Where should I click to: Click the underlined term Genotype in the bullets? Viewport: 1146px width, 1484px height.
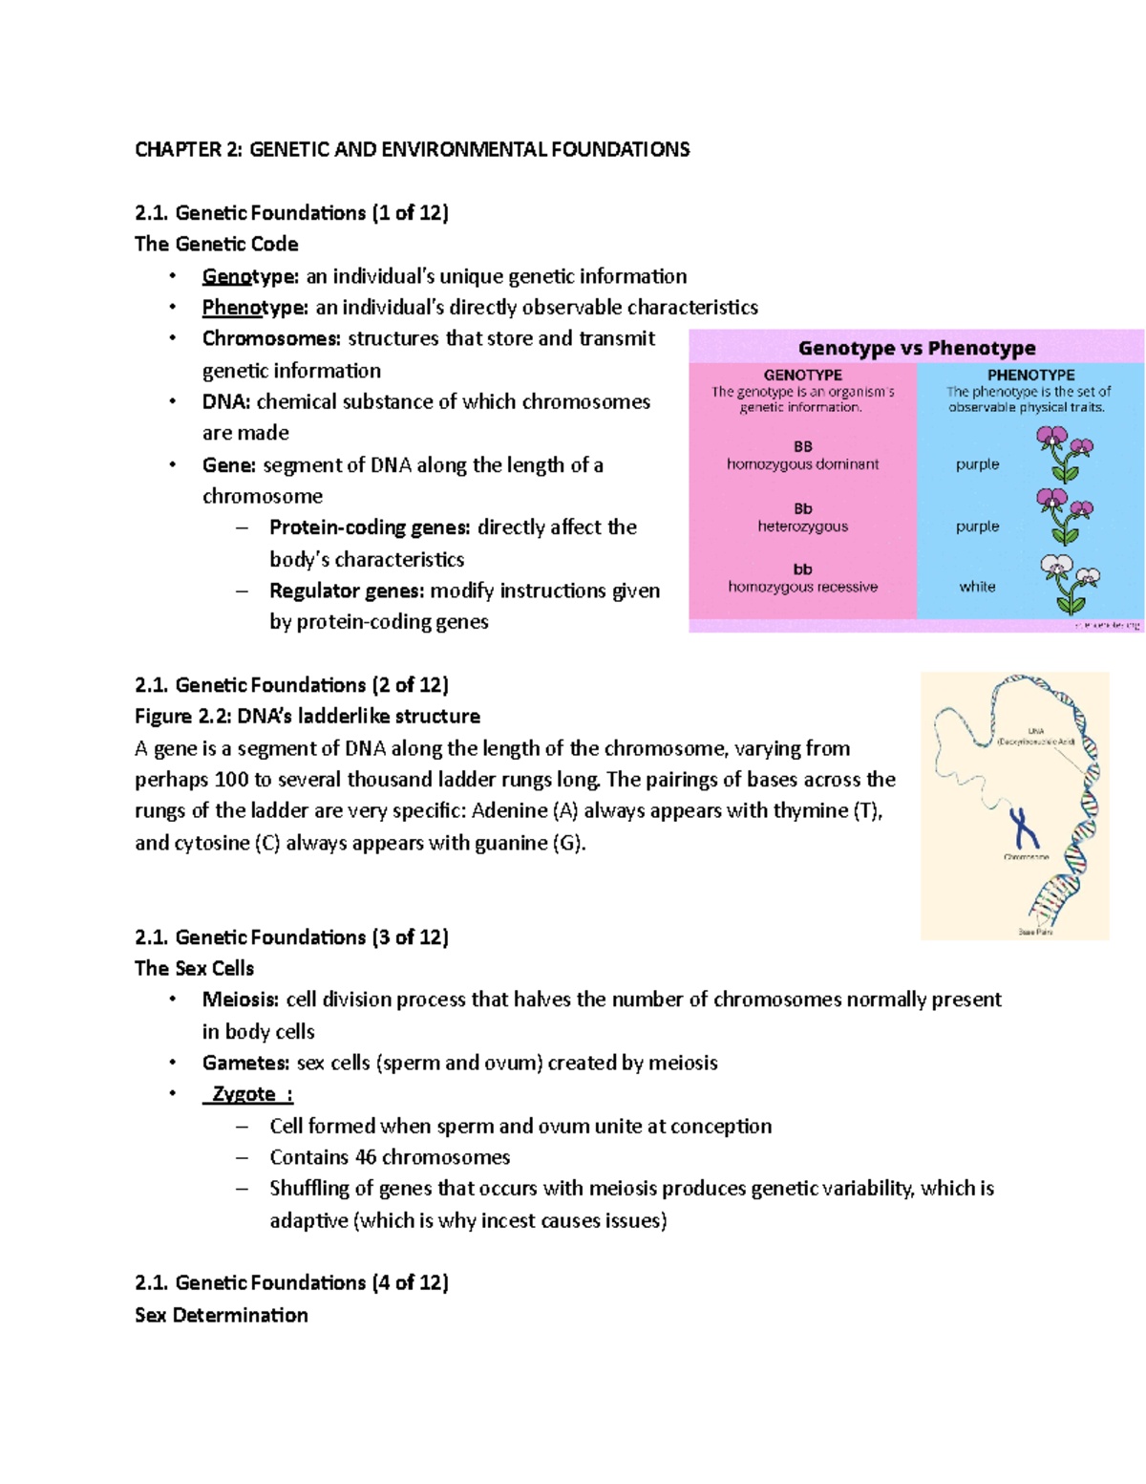[x=249, y=276]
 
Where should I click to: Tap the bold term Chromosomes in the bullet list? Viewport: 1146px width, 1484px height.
[x=271, y=338]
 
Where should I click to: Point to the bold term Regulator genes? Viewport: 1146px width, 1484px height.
[x=346, y=591]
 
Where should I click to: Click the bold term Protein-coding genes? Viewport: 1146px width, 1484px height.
[x=370, y=527]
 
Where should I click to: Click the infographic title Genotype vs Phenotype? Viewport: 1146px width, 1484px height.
[x=916, y=348]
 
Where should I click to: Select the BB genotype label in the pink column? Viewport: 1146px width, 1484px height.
[x=802, y=446]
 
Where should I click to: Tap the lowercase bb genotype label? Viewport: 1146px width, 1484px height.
[x=802, y=570]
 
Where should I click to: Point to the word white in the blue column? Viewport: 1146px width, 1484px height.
[x=977, y=587]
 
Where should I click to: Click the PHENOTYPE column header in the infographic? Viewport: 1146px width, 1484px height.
[x=1030, y=376]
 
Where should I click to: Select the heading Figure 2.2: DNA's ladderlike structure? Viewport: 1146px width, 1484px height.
[x=307, y=717]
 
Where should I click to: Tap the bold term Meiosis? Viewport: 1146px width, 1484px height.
[x=240, y=1000]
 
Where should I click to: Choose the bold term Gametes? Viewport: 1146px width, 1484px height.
[x=245, y=1063]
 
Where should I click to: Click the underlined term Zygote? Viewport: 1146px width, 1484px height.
[x=245, y=1094]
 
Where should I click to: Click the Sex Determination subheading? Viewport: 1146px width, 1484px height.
[x=222, y=1315]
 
